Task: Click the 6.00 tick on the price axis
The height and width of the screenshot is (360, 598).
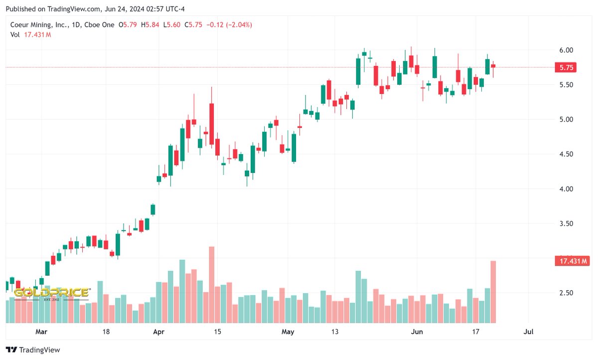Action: [566, 50]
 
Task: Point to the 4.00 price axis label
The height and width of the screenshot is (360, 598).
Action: [566, 189]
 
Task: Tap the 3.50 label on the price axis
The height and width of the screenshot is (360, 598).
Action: [566, 224]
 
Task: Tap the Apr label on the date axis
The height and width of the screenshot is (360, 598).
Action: [159, 332]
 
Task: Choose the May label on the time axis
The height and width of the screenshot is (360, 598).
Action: [288, 332]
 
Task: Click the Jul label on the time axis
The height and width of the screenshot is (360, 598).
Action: [529, 332]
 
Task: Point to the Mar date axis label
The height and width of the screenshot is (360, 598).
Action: [41, 332]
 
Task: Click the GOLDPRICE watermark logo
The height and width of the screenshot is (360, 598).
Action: [51, 293]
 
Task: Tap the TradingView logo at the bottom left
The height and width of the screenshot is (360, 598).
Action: [33, 350]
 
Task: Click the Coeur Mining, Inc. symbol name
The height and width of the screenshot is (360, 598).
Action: [39, 24]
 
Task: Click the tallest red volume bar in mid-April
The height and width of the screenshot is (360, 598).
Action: [211, 284]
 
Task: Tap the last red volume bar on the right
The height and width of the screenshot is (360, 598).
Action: [493, 292]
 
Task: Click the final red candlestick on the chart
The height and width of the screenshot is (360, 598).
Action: [493, 66]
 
